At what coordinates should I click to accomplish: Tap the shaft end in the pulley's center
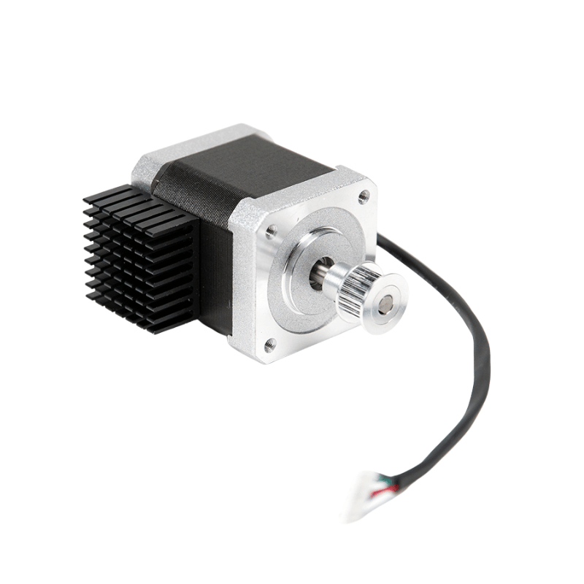coord(385,301)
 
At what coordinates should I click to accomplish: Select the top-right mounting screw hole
coord(363,195)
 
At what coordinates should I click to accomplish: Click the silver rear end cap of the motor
coord(190,150)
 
